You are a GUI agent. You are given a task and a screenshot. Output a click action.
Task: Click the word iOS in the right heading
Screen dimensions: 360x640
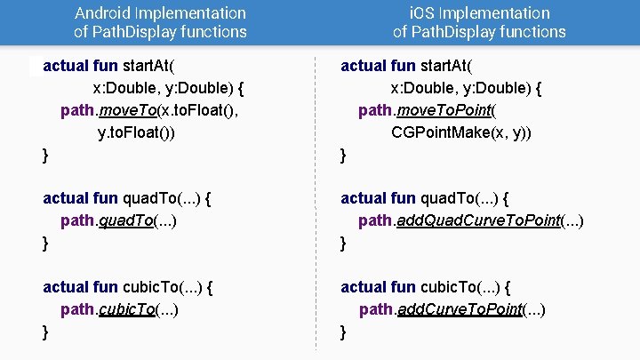pos(423,13)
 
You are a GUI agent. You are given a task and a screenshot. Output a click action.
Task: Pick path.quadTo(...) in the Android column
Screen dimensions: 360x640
pos(118,220)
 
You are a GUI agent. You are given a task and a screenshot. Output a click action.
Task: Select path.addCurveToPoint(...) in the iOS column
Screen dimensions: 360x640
pos(452,309)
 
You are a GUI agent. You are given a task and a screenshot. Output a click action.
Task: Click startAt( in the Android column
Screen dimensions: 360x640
pos(148,66)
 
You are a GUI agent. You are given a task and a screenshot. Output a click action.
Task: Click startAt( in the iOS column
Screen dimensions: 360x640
pos(446,66)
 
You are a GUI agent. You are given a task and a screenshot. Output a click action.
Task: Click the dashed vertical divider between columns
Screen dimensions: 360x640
pos(317,204)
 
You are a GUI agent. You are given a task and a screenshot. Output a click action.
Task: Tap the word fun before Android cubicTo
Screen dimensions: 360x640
pos(105,287)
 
